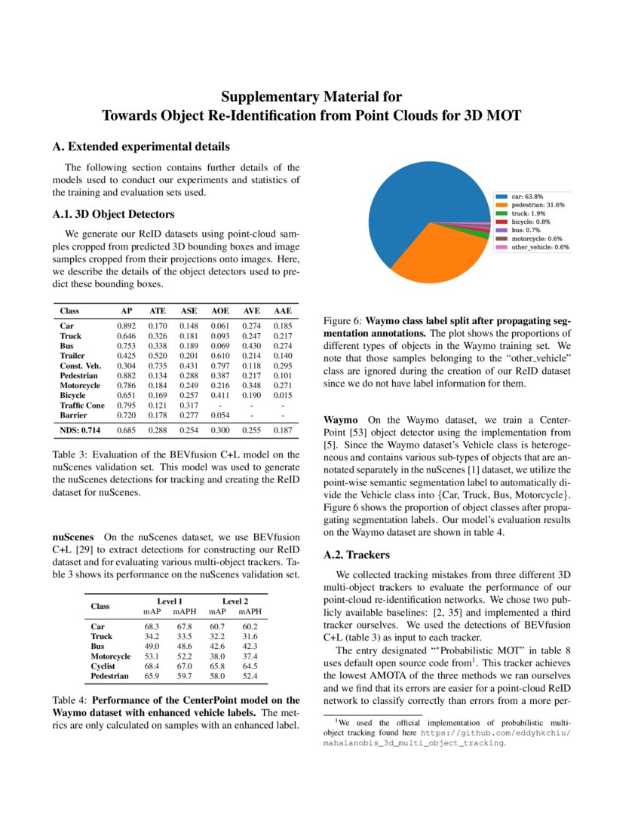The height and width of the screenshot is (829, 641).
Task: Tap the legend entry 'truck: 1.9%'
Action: coord(526,213)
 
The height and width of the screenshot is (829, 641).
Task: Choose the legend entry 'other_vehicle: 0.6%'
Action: coord(540,246)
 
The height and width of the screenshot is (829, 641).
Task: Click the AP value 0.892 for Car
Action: coord(127,326)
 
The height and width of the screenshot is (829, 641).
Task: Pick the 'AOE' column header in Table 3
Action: coord(220,310)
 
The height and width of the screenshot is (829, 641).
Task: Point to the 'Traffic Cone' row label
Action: coord(82,405)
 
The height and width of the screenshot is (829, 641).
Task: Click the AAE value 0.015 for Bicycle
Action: coord(282,395)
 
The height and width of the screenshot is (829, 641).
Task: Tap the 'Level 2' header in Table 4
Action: coord(235,601)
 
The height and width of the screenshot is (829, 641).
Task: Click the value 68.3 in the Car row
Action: coord(152,626)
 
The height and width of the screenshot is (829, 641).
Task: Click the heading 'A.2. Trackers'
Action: coord(356,555)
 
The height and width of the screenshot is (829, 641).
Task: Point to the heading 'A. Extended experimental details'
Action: coord(141,146)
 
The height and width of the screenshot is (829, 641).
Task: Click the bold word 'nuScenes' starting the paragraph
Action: coord(73,537)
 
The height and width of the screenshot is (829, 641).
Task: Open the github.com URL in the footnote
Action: coord(495,732)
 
